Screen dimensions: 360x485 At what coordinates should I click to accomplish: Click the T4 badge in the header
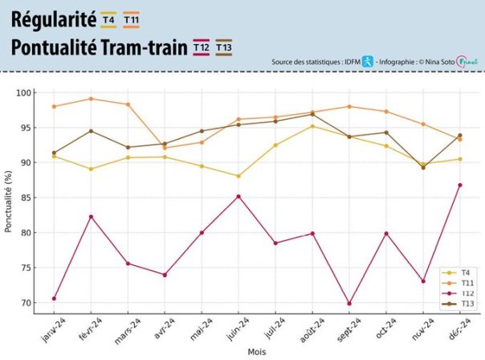click(108, 18)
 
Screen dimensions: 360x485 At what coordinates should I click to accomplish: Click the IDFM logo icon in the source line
click(367, 61)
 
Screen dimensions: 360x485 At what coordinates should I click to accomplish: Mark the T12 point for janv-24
click(54, 299)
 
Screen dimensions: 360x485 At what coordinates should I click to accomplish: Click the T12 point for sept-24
click(349, 304)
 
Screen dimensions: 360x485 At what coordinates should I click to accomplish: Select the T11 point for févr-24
click(91, 99)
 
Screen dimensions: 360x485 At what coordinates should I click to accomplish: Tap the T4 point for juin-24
click(238, 176)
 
